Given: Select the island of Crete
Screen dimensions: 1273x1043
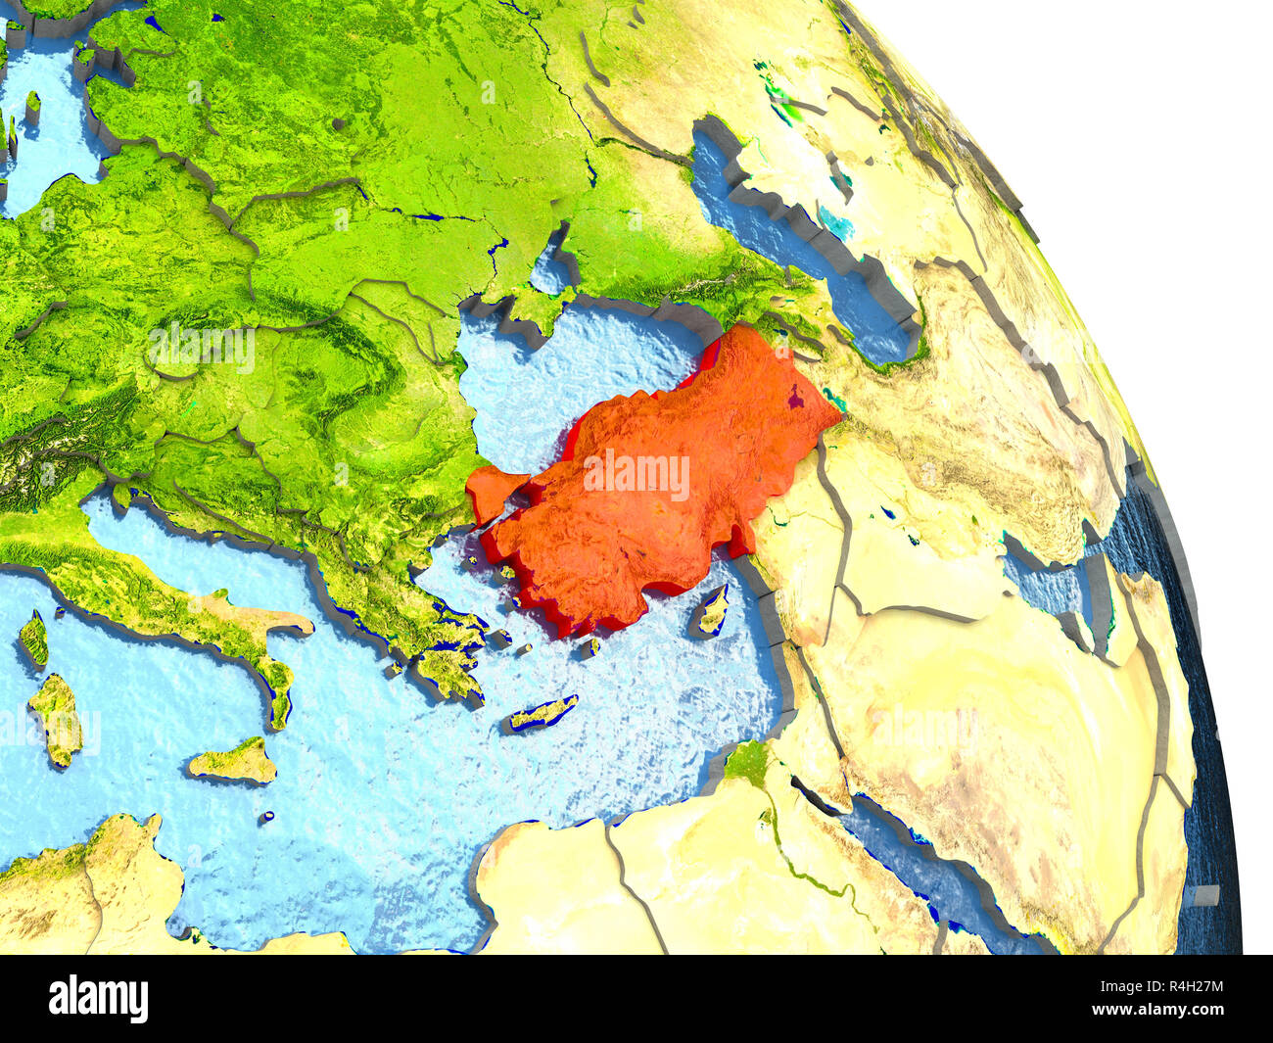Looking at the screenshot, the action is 542,713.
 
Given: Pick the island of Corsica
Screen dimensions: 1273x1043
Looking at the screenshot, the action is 35,638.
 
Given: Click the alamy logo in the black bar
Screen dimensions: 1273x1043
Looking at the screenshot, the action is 99,998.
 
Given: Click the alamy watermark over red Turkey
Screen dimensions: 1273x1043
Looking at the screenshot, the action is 636,474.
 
